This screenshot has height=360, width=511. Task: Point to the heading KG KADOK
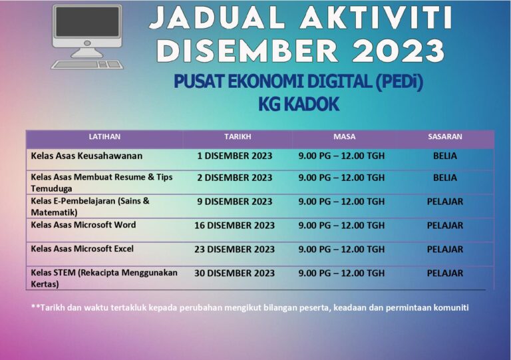point(298,104)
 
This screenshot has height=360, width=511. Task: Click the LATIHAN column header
point(104,137)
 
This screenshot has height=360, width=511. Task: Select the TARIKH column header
point(238,137)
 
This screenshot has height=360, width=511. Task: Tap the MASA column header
point(344,137)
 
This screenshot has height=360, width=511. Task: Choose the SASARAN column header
point(445,137)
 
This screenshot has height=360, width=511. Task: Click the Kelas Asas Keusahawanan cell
point(86,156)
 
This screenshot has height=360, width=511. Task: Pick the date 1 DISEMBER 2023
point(235,156)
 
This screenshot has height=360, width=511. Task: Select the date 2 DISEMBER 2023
point(235,178)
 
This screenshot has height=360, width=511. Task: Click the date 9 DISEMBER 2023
point(235,202)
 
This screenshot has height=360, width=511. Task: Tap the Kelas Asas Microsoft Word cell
point(83,225)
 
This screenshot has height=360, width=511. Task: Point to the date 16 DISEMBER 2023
point(234,226)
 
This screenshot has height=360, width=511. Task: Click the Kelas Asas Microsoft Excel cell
point(82,249)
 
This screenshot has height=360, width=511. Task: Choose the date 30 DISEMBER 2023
point(234,273)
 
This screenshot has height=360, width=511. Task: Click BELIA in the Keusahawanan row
point(445,156)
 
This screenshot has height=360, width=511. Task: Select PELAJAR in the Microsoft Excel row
point(445,250)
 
